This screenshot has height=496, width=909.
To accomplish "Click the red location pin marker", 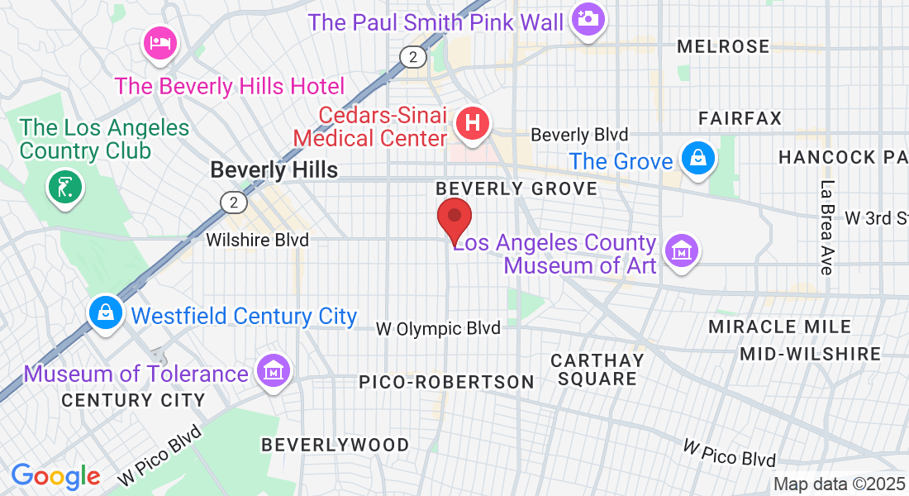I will [x=454, y=219].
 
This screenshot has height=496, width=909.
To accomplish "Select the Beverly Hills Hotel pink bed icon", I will [x=158, y=42].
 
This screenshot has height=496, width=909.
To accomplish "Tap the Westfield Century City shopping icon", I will [x=106, y=312].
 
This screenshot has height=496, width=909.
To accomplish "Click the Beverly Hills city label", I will [x=274, y=169].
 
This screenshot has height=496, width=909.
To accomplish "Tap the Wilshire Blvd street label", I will [x=257, y=241].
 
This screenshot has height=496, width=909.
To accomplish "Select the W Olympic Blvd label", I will [x=438, y=328].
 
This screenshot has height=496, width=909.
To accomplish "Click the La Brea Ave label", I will [x=826, y=227].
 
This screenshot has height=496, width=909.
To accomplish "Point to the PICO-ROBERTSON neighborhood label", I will [x=446, y=382].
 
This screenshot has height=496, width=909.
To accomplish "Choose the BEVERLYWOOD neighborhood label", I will [x=335, y=445].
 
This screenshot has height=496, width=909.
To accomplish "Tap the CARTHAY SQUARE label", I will [x=597, y=370].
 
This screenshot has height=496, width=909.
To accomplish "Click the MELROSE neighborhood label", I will [x=723, y=47].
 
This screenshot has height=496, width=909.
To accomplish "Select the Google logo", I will [x=55, y=476].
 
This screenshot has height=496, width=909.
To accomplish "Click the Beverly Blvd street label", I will [x=579, y=134].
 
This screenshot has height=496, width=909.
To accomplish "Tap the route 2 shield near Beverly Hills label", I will [x=234, y=203].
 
